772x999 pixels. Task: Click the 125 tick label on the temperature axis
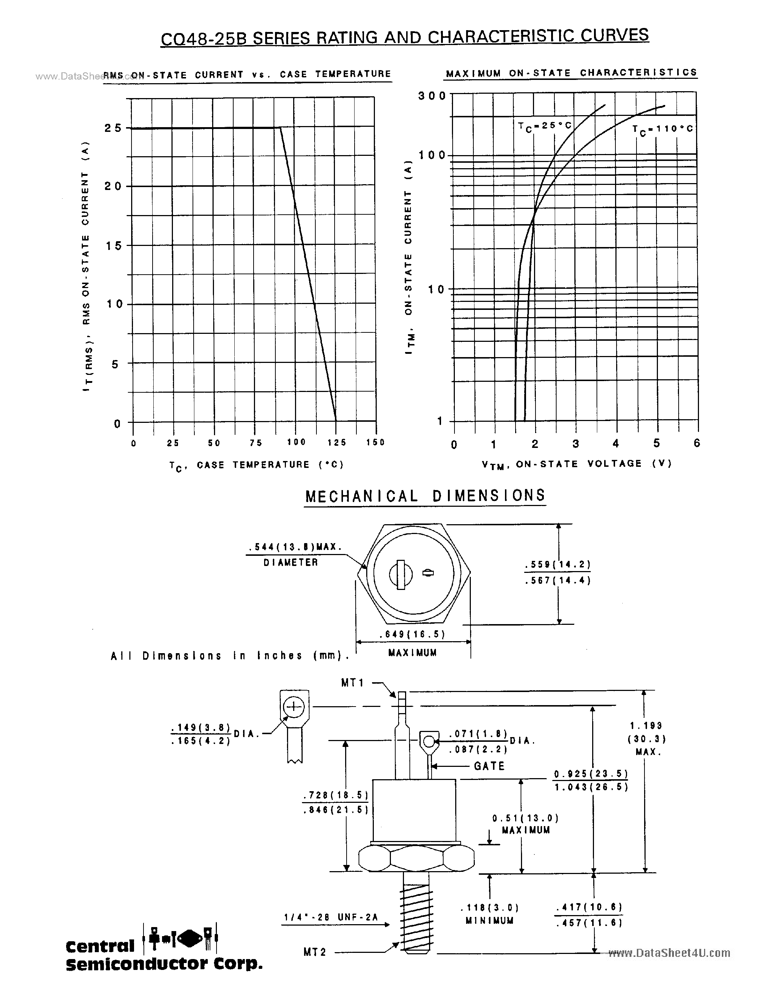pyautogui.click(x=337, y=442)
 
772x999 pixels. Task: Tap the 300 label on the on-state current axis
pyautogui.click(x=432, y=96)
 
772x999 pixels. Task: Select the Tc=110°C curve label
pyautogui.click(x=663, y=129)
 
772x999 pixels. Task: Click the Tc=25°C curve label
pyautogui.click(x=545, y=126)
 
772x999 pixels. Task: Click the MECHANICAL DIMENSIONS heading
pyautogui.click(x=425, y=496)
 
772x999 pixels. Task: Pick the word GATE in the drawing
pyautogui.click(x=489, y=766)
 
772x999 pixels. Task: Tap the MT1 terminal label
pyautogui.click(x=353, y=683)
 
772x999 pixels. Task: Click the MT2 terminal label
pyautogui.click(x=315, y=952)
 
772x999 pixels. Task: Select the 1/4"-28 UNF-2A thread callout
pyautogui.click(x=331, y=917)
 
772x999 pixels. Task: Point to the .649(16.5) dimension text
pyautogui.click(x=412, y=634)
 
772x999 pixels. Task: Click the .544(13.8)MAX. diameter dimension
pyautogui.click(x=295, y=547)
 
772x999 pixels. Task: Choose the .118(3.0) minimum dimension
pyautogui.click(x=490, y=907)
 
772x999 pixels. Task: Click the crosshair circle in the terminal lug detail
pyautogui.click(x=294, y=708)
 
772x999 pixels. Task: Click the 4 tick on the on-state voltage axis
pyautogui.click(x=615, y=443)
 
